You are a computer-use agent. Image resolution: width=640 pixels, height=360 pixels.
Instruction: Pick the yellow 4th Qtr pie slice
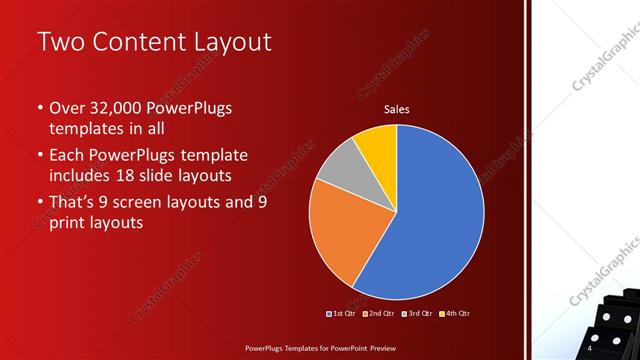(x=378, y=143)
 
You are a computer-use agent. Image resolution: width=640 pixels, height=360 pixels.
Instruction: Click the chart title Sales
(x=397, y=110)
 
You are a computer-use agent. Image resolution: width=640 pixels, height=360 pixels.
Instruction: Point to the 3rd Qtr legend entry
(x=418, y=313)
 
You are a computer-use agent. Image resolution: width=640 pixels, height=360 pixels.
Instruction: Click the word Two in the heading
(x=59, y=42)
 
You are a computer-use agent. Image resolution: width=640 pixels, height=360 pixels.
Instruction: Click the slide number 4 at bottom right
(x=589, y=349)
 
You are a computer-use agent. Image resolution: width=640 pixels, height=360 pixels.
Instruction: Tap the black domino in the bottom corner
(x=615, y=320)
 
